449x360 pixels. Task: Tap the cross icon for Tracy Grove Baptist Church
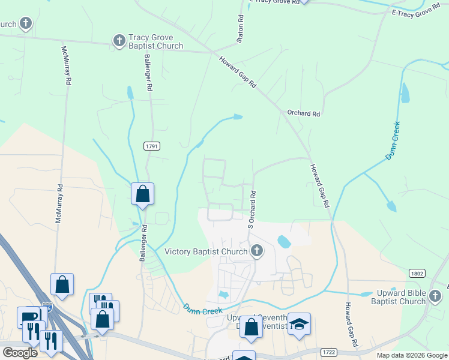(119, 41)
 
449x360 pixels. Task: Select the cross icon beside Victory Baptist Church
(257, 251)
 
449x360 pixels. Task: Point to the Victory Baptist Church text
(206, 251)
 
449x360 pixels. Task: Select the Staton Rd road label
(240, 28)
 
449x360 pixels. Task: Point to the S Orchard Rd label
(253, 209)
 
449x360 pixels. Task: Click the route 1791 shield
(152, 146)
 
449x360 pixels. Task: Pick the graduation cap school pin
(299, 325)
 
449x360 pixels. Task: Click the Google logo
(20, 353)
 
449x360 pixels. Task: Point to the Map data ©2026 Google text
(411, 355)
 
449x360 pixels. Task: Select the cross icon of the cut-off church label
(26, 24)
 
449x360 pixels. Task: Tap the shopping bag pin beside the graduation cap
(252, 327)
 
